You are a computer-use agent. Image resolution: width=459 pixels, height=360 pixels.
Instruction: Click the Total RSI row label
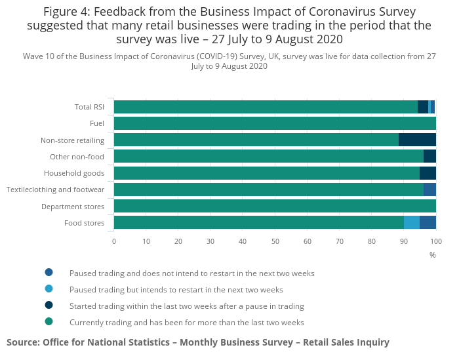pos(89,108)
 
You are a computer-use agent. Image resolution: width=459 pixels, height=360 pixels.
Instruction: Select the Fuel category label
pos(97,124)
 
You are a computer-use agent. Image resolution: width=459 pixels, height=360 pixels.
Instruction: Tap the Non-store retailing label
pos(72,140)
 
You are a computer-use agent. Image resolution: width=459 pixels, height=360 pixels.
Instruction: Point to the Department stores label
pos(73,207)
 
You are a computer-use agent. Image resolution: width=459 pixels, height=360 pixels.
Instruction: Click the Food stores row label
pos(84,223)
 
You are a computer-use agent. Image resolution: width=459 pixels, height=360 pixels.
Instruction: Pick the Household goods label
pos(74,173)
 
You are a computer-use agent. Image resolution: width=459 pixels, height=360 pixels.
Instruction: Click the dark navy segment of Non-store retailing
pos(417,140)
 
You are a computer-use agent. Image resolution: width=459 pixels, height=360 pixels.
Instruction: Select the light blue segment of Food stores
pos(412,222)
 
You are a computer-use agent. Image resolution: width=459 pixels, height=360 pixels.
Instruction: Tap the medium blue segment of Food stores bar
pos(428,222)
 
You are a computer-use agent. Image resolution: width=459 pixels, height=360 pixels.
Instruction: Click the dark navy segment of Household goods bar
pos(428,173)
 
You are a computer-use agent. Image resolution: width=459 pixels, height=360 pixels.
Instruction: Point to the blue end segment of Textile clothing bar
pos(429,190)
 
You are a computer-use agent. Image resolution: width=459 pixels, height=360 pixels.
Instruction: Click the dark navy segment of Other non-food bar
pos(429,156)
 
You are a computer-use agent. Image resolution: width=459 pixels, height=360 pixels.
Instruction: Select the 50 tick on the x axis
pos(275,241)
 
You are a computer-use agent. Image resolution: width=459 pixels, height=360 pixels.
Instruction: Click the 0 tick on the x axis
pos(114,241)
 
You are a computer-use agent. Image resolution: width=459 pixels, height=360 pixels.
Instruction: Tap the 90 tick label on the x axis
pos(404,241)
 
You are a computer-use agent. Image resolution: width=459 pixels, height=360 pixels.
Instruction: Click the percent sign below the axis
pos(433,254)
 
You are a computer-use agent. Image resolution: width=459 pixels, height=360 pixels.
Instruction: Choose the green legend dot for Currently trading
pos(49,321)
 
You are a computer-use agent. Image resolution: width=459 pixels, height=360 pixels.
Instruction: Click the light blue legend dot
pos(49,289)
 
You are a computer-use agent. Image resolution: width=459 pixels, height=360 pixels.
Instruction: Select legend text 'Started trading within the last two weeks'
pos(187,306)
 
